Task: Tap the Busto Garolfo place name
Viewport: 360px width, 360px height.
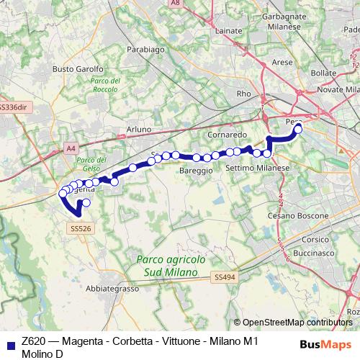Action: pyautogui.click(x=74, y=69)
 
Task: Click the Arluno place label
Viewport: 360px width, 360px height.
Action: pyautogui.click(x=138, y=129)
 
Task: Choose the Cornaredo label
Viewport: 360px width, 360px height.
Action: pyautogui.click(x=228, y=135)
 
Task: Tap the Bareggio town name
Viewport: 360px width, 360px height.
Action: pyautogui.click(x=196, y=171)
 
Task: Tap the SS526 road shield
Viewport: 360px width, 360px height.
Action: pyautogui.click(x=81, y=228)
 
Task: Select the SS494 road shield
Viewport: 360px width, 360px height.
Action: pyautogui.click(x=224, y=276)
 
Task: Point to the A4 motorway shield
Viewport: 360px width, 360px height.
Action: pyautogui.click(x=71, y=148)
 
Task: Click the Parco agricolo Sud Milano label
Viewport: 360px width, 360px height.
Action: pyautogui.click(x=171, y=264)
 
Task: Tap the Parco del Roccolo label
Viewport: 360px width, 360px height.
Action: pyautogui.click(x=105, y=86)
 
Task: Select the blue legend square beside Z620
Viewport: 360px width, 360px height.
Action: pyautogui.click(x=7, y=343)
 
